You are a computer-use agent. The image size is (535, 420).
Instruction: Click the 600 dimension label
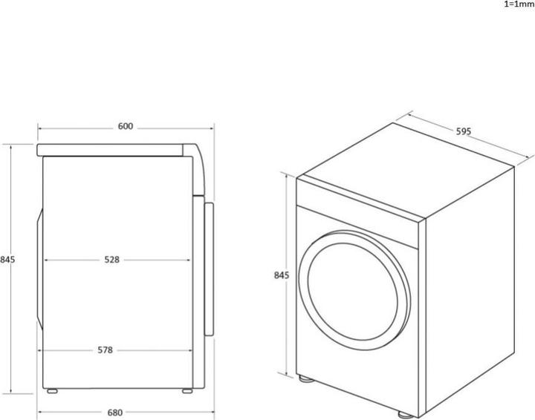click(x=125, y=127)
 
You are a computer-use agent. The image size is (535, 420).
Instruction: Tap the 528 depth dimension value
click(x=111, y=260)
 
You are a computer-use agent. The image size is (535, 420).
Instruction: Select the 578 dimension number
click(x=104, y=350)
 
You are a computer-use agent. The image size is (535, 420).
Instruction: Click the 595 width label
click(x=464, y=131)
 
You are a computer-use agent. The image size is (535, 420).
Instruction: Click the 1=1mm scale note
click(x=518, y=4)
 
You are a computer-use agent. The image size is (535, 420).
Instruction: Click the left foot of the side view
click(x=52, y=390)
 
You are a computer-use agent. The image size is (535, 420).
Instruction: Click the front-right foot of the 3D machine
click(x=402, y=413)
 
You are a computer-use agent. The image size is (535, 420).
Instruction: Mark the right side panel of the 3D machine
click(x=468, y=282)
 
